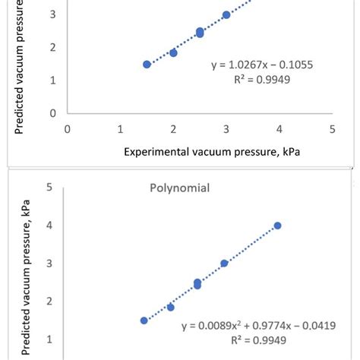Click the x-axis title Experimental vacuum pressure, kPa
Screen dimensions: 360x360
tap(212, 151)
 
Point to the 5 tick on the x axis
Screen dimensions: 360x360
tap(333, 128)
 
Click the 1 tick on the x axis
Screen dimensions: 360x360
tap(121, 128)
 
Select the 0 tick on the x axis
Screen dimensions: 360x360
tap(68, 128)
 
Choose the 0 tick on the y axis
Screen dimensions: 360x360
tap(52, 113)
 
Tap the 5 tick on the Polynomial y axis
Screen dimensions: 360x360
tap(49, 187)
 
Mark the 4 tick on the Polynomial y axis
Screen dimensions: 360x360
tap(49, 225)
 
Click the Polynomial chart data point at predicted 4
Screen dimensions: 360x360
tap(277, 226)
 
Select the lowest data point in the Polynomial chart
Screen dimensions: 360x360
tap(144, 321)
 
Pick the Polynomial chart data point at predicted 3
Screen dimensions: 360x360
tap(224, 264)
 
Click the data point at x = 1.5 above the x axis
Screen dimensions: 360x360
tap(147, 65)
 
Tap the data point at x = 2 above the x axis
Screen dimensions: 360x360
tap(173, 52)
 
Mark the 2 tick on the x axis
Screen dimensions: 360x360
tap(173, 128)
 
